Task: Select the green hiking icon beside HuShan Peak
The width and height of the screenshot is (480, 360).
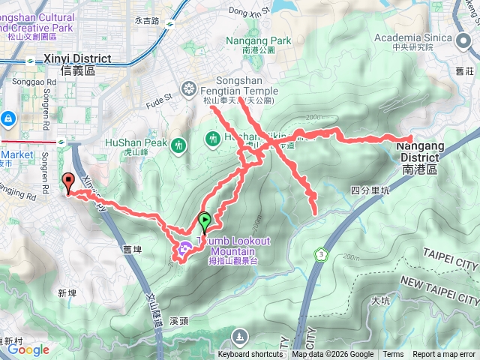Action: pos(178,144)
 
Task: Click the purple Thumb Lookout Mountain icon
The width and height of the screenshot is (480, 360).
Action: pos(184,247)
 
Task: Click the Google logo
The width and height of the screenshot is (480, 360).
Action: pos(28,349)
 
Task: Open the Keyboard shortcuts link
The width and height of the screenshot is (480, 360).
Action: pos(250,355)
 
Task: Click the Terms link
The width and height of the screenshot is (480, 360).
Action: pos(393,355)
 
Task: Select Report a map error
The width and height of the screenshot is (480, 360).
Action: pos(445,355)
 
